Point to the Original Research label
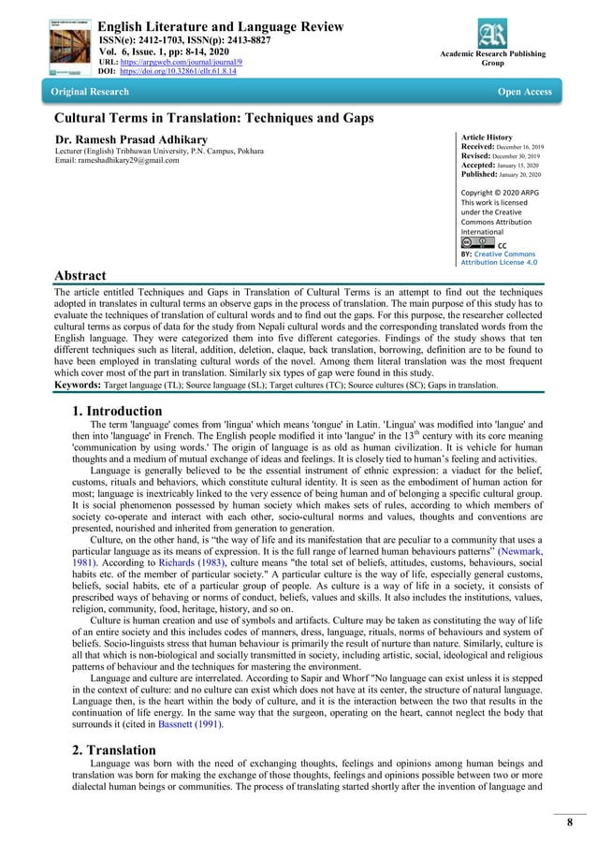[x=90, y=92]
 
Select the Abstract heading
[x=80, y=275]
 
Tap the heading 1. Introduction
[x=117, y=411]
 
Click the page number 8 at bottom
[x=568, y=822]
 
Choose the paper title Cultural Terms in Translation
[x=214, y=118]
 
